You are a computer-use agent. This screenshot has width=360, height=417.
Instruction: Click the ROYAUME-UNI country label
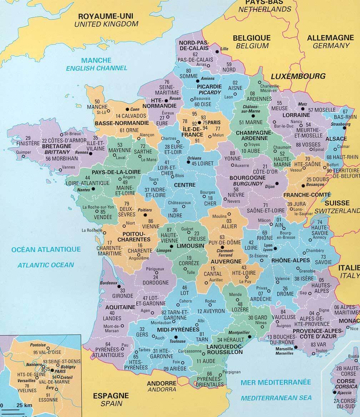[106, 16]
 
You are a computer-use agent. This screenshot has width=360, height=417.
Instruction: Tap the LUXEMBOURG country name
[298, 76]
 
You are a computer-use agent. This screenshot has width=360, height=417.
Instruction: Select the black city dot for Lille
[217, 52]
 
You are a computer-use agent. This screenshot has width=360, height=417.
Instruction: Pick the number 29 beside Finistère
[28, 138]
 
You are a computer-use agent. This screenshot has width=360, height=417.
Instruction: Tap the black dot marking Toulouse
[175, 337]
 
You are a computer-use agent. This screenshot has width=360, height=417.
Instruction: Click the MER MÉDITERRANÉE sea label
[276, 382]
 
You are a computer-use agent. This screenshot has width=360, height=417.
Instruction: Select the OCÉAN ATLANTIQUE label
[46, 249]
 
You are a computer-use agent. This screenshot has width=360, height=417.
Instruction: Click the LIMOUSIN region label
[190, 246]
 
